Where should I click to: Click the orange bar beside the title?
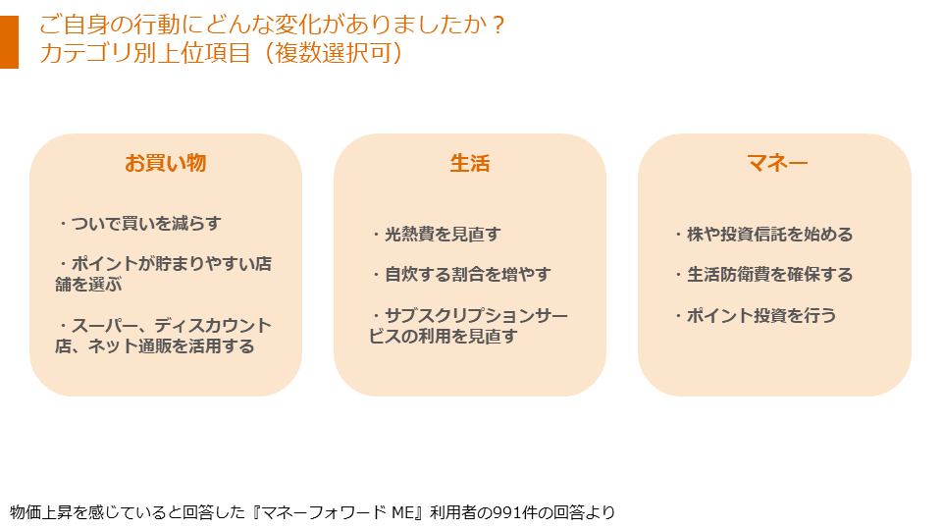click(9, 41)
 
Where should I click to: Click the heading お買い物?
click(165, 163)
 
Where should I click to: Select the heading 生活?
click(469, 163)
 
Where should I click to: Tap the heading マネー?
click(775, 163)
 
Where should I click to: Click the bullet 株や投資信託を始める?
click(762, 235)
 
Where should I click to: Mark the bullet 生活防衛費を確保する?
click(762, 275)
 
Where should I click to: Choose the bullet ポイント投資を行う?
click(755, 316)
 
